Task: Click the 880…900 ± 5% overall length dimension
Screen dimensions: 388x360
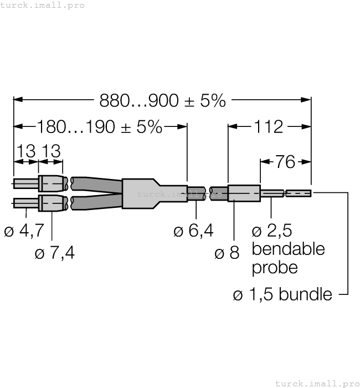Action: [x=162, y=100]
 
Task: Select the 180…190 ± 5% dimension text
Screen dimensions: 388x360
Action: [x=100, y=127]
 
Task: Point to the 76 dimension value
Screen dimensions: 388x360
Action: [x=285, y=162]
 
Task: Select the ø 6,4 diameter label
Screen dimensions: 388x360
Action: [x=193, y=231]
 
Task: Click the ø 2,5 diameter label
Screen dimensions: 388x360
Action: [x=271, y=231]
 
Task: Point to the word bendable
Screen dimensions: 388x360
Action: [x=288, y=249]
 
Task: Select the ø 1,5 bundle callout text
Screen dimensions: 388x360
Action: [x=282, y=294]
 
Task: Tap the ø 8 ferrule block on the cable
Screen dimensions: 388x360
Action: [x=244, y=193]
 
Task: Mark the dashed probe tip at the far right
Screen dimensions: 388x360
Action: [x=299, y=193]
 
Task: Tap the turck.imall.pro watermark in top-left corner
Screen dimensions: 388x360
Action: [x=43, y=5]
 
